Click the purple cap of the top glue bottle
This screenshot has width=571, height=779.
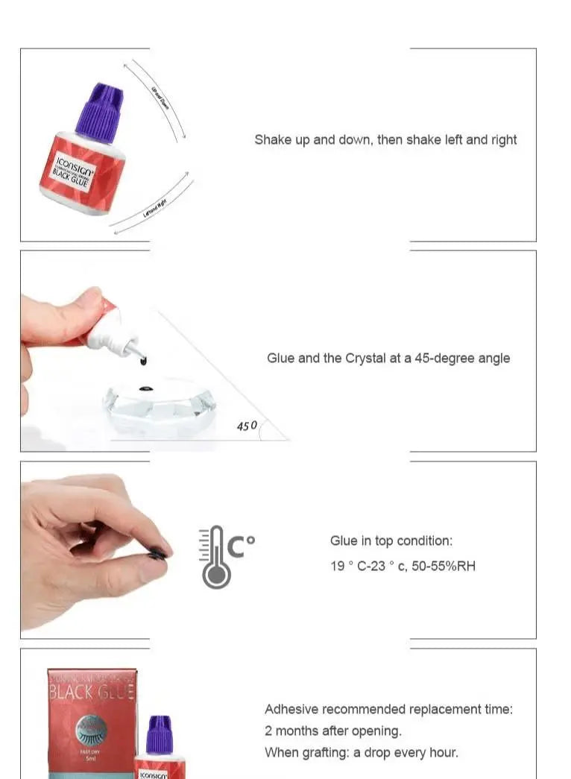click(x=101, y=113)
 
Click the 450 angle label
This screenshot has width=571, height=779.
click(x=247, y=426)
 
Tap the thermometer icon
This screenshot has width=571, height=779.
click(x=215, y=557)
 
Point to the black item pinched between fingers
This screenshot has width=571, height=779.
click(x=158, y=553)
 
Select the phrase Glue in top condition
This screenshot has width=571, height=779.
click(x=391, y=541)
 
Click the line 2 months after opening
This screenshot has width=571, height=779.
click(x=332, y=731)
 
